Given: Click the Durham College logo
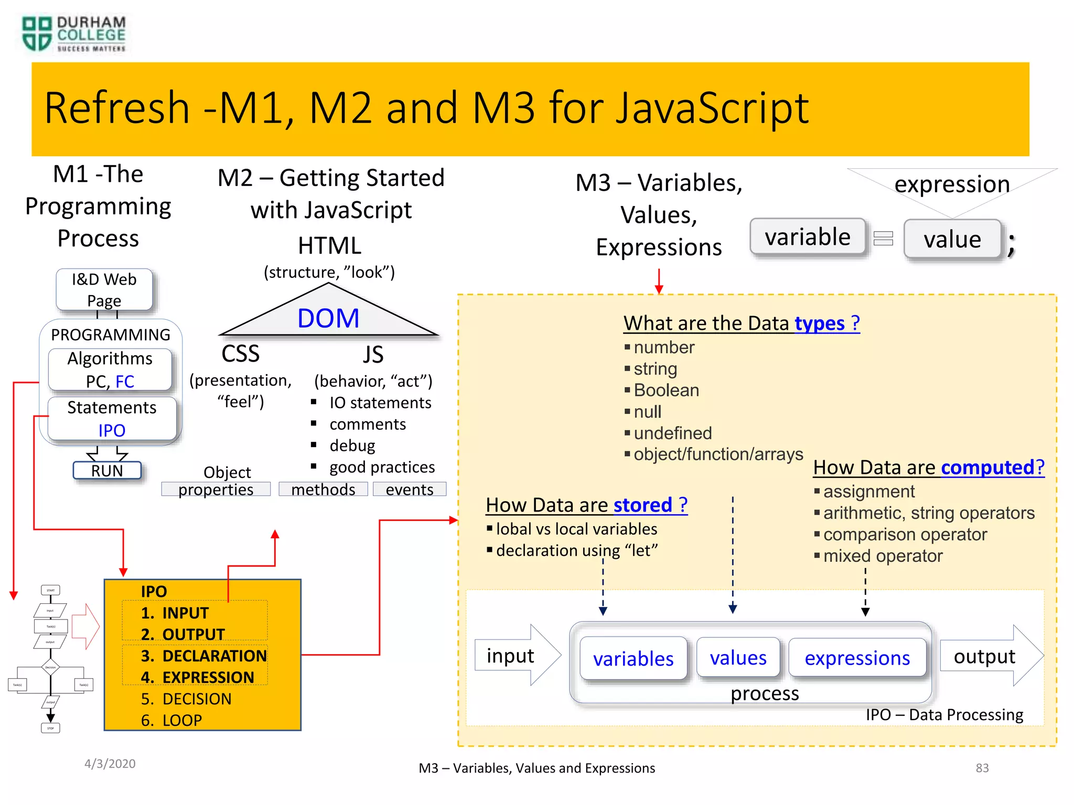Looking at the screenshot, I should click(x=73, y=34).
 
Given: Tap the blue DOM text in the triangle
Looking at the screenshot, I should click(x=328, y=318).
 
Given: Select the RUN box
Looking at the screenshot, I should click(x=107, y=470).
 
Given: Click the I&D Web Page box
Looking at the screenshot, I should click(x=104, y=289).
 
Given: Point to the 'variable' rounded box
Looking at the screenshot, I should click(x=808, y=237).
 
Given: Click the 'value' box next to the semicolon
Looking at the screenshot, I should click(x=952, y=240).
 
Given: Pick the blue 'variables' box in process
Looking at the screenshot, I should click(x=633, y=658).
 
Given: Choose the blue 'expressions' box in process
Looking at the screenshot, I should click(x=857, y=658).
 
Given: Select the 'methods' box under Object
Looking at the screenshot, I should click(x=323, y=489).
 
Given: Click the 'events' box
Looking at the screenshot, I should click(x=410, y=489).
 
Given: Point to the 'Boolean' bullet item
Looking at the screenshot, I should click(x=666, y=390).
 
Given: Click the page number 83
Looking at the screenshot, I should click(x=982, y=768).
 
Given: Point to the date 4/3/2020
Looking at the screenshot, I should click(x=110, y=764).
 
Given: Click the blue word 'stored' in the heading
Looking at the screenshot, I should click(x=642, y=505).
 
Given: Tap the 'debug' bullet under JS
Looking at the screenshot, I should click(x=352, y=445).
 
